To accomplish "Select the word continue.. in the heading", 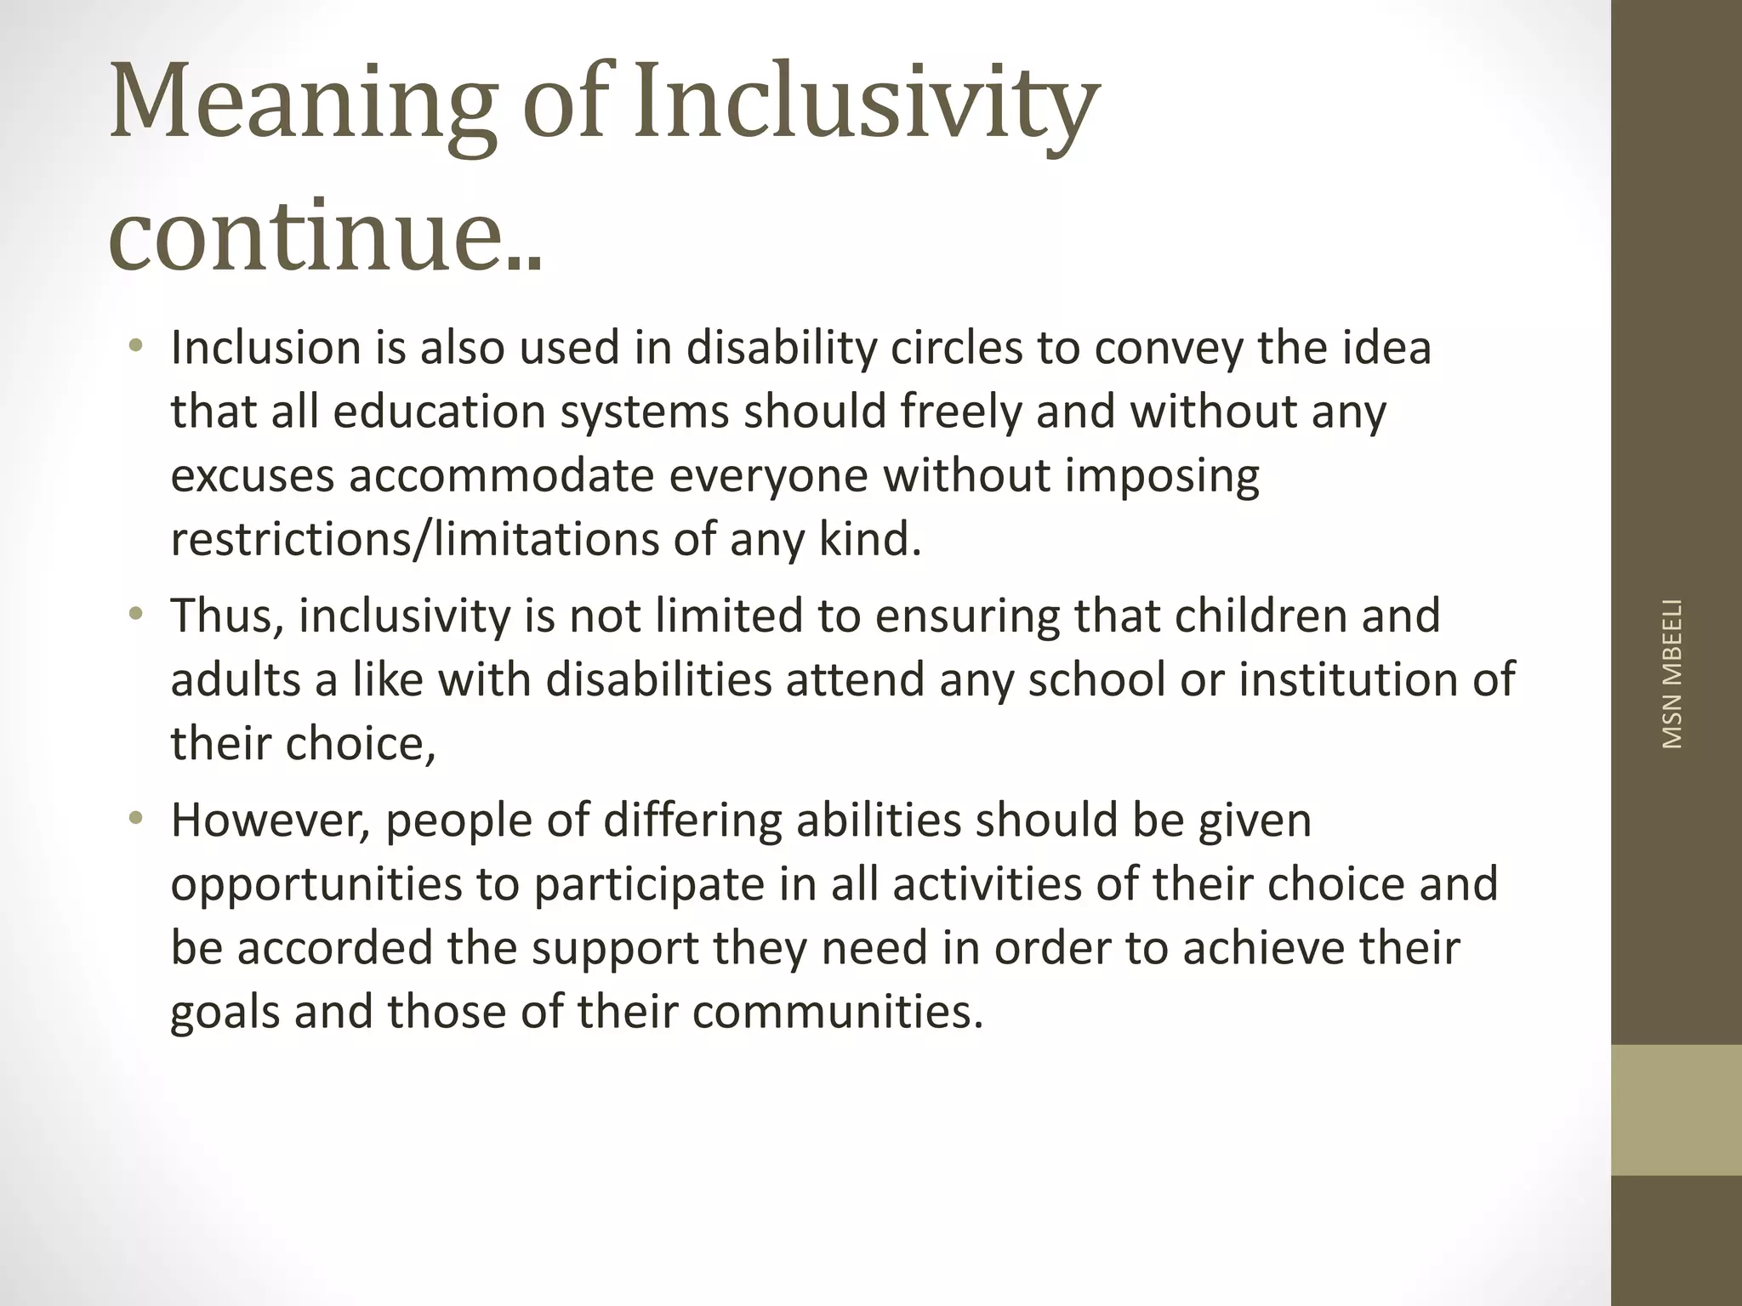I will coord(325,231).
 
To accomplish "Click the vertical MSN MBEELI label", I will coord(1672,674).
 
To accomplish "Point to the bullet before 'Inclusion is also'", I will coord(135,346).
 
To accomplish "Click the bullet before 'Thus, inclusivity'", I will coord(135,614).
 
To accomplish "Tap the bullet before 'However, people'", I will coord(135,819).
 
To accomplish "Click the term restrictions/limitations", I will coord(414,539).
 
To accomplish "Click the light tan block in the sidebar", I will coord(1676,1110).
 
